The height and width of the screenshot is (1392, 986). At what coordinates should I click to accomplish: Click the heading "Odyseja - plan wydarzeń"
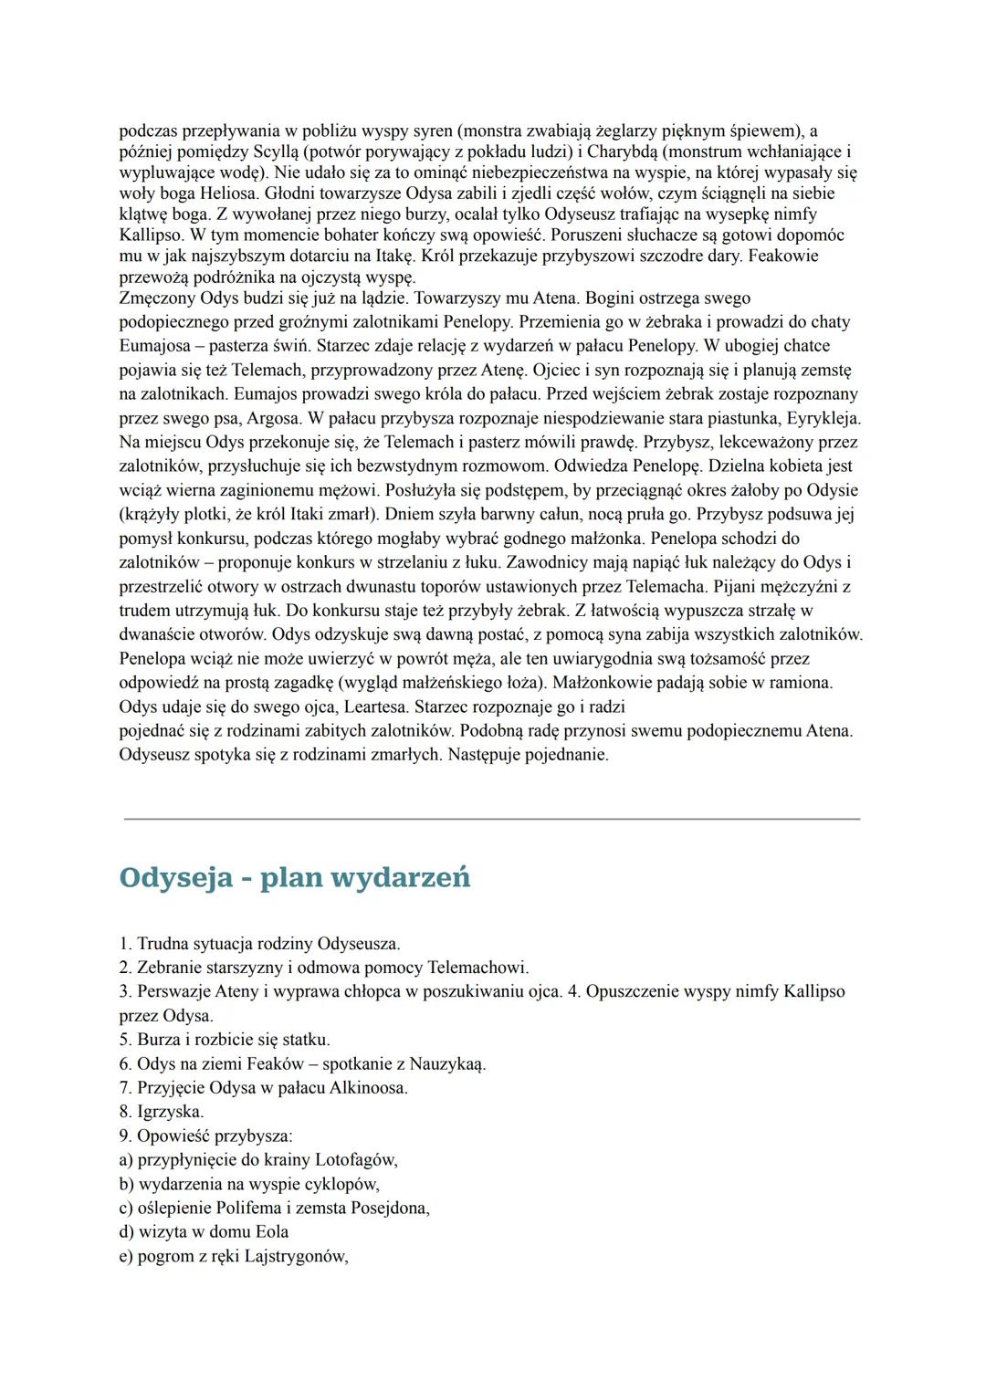(x=295, y=877)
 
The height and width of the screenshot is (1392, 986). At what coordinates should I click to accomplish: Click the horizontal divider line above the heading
(x=492, y=819)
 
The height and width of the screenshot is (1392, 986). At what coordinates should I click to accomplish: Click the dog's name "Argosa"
(x=275, y=418)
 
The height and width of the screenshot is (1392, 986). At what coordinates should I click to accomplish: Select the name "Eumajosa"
(x=156, y=346)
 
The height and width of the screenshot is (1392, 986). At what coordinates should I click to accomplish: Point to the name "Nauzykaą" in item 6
(x=447, y=1063)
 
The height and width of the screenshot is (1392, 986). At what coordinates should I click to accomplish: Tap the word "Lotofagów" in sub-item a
(x=355, y=1160)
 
